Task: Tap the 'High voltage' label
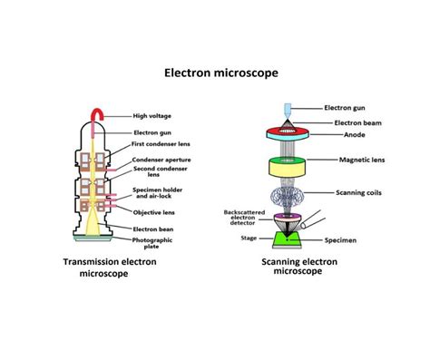point(156,115)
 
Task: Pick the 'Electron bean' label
point(155,229)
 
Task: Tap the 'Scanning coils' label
point(362,191)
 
